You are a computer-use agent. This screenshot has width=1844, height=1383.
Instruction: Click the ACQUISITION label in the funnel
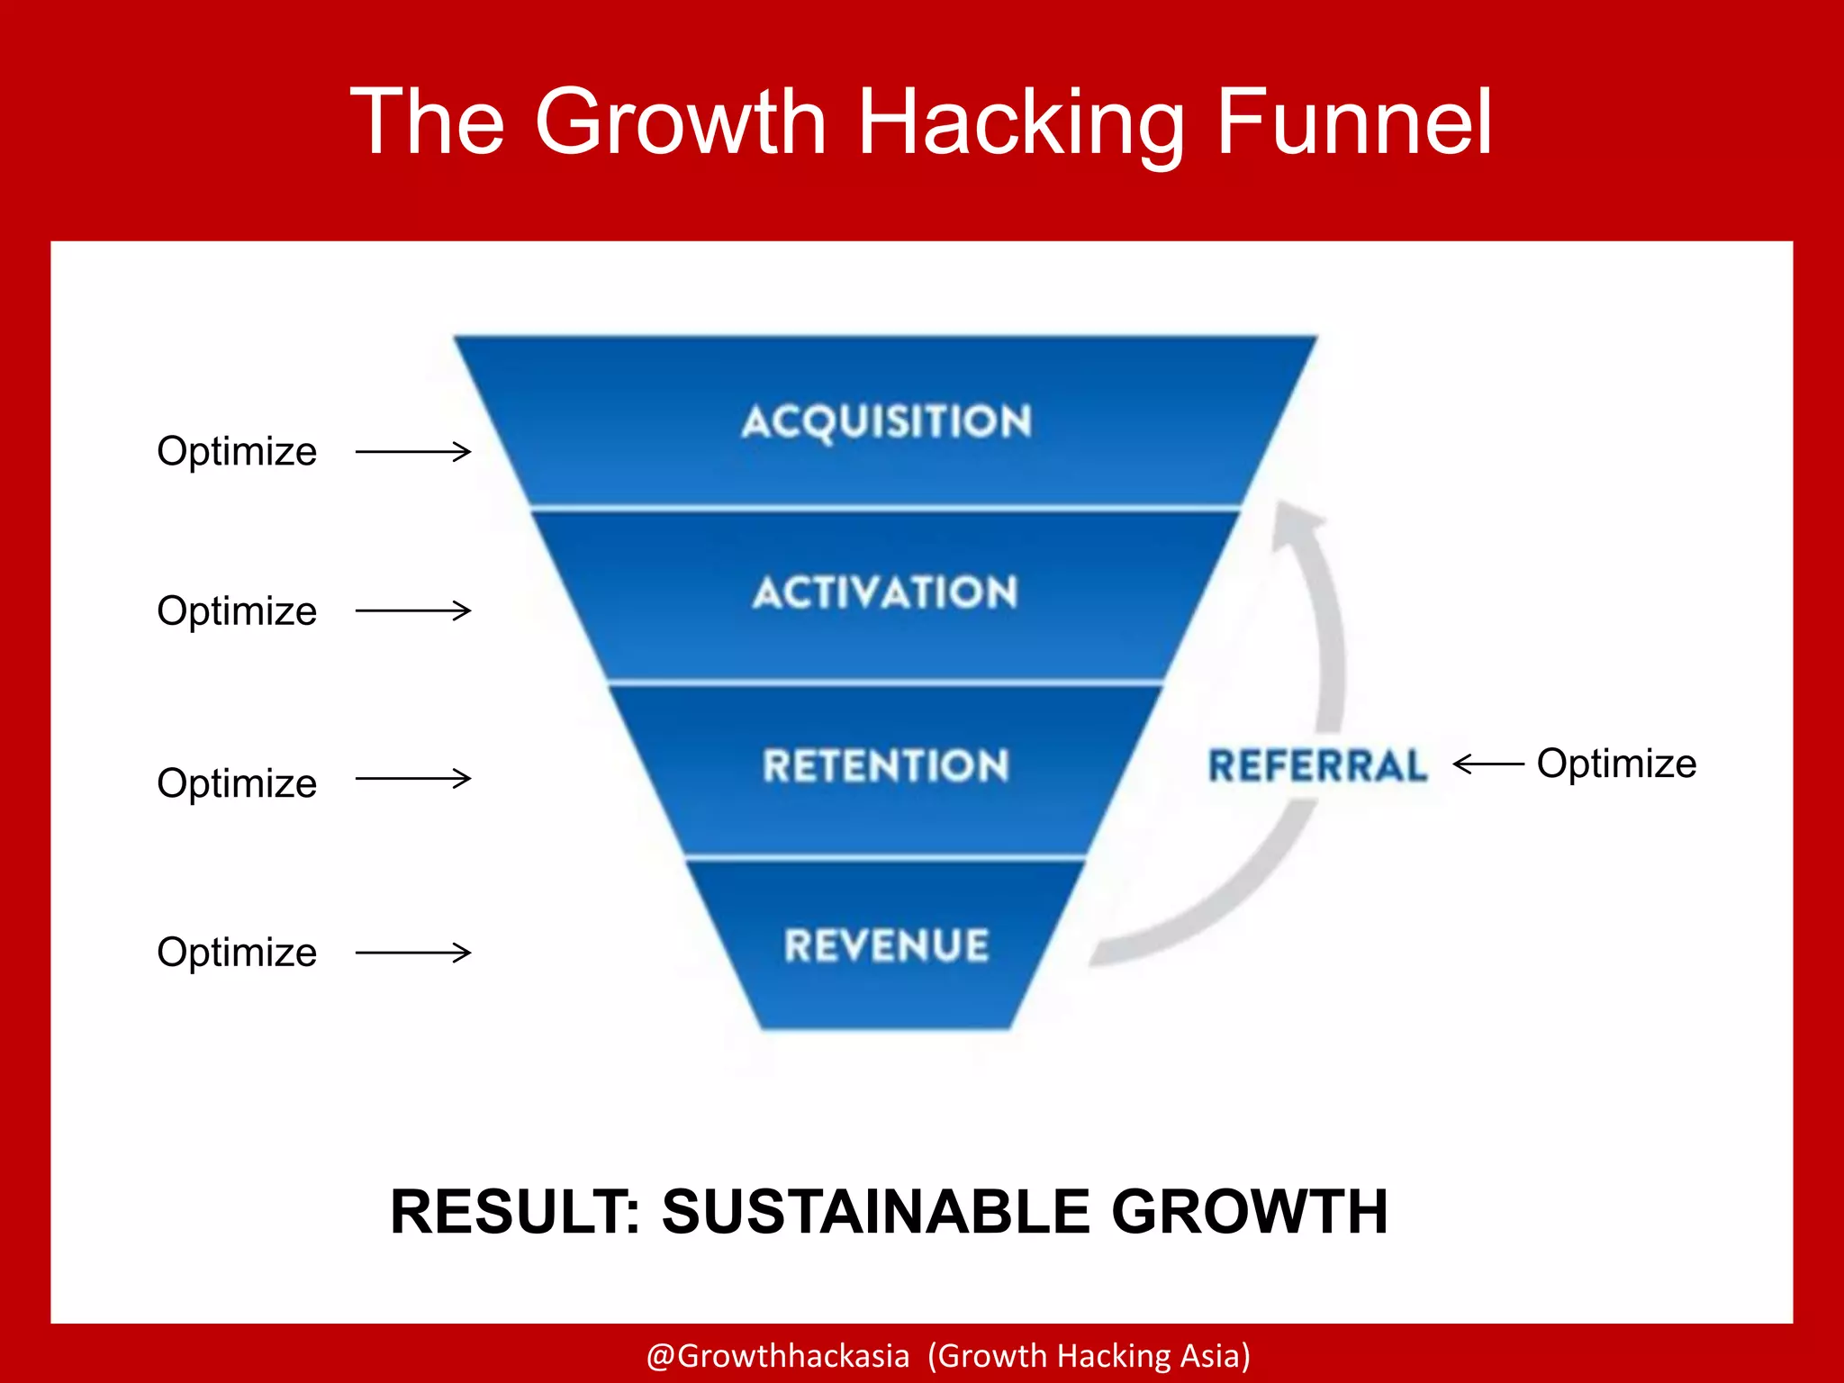pyautogui.click(x=886, y=421)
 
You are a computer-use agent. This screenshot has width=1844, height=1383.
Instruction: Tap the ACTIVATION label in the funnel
pyautogui.click(x=886, y=592)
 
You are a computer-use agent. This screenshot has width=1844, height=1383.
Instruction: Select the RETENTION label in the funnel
pyautogui.click(x=886, y=766)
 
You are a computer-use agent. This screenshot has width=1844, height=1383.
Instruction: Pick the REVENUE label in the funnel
pyautogui.click(x=886, y=945)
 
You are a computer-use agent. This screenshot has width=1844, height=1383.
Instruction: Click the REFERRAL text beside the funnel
pyautogui.click(x=1317, y=766)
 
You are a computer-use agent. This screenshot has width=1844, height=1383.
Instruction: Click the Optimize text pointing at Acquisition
pyautogui.click(x=237, y=451)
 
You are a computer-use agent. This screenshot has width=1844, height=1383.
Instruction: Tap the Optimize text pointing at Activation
pyautogui.click(x=237, y=611)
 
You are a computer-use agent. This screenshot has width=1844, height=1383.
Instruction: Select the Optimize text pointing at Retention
pyautogui.click(x=237, y=783)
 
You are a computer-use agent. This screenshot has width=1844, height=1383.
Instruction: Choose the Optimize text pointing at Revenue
pyautogui.click(x=237, y=953)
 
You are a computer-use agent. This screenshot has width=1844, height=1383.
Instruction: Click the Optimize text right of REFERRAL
pyautogui.click(x=1616, y=764)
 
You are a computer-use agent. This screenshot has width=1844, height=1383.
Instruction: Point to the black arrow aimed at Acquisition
pyautogui.click(x=413, y=451)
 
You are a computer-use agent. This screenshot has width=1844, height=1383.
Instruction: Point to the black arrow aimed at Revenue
pyautogui.click(x=413, y=953)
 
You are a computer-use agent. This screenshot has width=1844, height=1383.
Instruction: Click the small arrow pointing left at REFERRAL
pyautogui.click(x=1487, y=764)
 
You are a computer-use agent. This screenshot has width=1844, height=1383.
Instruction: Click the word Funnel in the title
pyautogui.click(x=1354, y=122)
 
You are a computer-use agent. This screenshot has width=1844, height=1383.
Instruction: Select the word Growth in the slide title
pyautogui.click(x=680, y=122)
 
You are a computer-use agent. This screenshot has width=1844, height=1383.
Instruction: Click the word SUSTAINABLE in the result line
pyautogui.click(x=875, y=1211)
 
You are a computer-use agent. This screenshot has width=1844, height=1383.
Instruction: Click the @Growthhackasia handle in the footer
pyautogui.click(x=778, y=1355)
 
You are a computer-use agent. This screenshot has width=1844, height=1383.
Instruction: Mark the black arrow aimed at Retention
pyautogui.click(x=413, y=779)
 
